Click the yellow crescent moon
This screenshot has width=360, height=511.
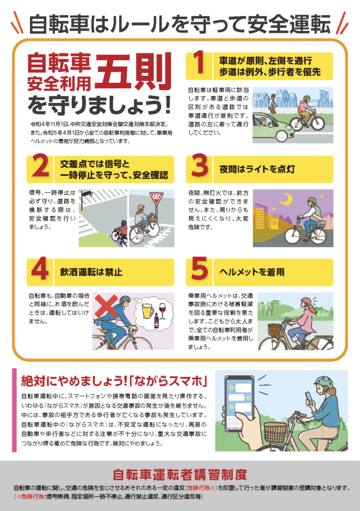(286, 199)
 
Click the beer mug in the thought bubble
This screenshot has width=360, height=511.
(148, 310)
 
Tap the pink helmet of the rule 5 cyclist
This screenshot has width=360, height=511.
(306, 301)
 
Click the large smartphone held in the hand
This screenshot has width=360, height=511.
(239, 403)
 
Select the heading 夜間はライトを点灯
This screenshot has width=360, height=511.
(257, 169)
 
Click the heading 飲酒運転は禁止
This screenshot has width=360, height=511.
(91, 272)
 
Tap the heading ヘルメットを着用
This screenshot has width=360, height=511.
(252, 272)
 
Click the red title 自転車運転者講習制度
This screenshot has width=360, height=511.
(180, 475)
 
